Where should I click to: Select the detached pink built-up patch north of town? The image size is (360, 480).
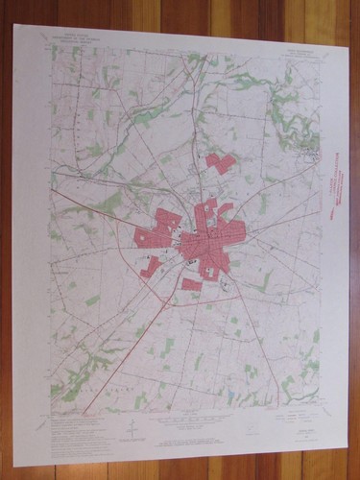pyautogui.click(x=220, y=162)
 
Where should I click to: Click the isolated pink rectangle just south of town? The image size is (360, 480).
pyautogui.click(x=192, y=284)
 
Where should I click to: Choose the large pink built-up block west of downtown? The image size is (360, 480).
pyautogui.click(x=154, y=235)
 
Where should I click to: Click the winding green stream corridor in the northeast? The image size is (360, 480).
pyautogui.click(x=293, y=106)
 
